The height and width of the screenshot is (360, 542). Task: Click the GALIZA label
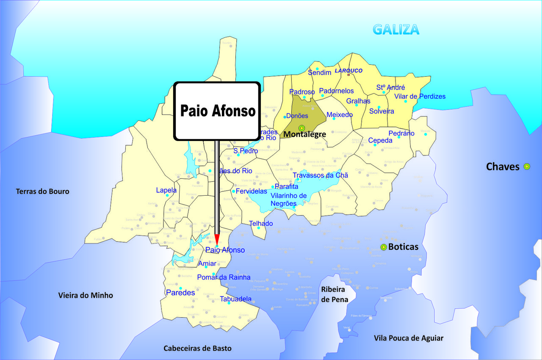click(x=396, y=29)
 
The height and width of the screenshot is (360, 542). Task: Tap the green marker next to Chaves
click(x=527, y=166)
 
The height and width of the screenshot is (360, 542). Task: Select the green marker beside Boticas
click(x=384, y=247)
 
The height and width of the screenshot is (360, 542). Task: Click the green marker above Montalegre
click(x=301, y=128)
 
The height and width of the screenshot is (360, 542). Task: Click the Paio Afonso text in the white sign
click(x=218, y=111)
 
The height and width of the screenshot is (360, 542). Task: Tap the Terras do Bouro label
click(x=42, y=191)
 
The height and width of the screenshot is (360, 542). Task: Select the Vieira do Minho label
click(x=86, y=295)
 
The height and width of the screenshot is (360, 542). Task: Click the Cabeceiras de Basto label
click(x=197, y=348)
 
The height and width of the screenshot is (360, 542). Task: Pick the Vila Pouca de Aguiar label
click(x=409, y=338)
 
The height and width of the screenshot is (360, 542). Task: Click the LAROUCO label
click(x=348, y=71)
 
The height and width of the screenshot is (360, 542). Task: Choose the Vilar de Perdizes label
click(x=420, y=97)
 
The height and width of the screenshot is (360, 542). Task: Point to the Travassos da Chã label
click(x=321, y=175)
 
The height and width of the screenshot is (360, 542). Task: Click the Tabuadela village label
click(x=235, y=299)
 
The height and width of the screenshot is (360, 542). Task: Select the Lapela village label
click(x=166, y=190)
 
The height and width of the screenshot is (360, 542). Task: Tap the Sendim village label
click(x=319, y=73)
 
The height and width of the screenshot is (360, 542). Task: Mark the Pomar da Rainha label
click(x=224, y=278)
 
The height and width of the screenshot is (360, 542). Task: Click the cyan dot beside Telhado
click(x=259, y=228)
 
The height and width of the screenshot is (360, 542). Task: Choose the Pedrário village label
click(x=401, y=133)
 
